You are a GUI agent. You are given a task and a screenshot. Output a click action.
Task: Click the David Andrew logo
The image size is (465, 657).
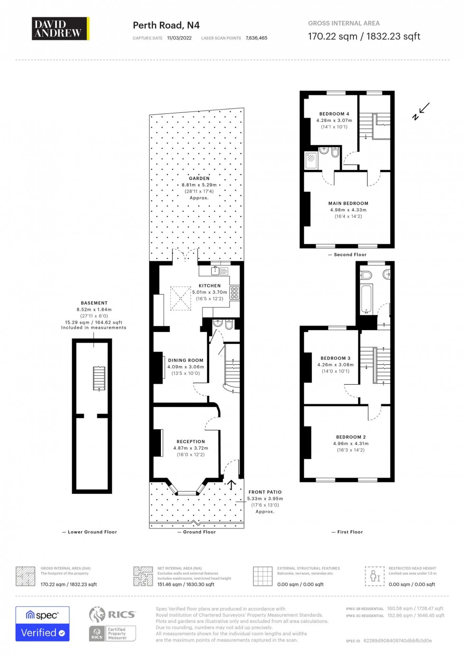point(60,29)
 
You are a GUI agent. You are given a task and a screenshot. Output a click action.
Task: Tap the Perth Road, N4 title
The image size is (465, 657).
point(166,26)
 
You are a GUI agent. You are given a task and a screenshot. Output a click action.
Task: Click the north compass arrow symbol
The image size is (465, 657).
point(421,111)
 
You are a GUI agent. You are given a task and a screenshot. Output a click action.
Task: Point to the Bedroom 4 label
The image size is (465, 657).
point(334,114)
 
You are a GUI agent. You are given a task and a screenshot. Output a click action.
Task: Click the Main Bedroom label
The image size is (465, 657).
point(348,204)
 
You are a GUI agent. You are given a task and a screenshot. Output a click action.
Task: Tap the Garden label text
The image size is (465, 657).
point(199,178)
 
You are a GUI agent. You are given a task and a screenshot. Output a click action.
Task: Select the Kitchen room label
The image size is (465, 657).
point(210,286)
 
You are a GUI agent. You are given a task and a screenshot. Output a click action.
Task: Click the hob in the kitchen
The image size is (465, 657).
point(234,293)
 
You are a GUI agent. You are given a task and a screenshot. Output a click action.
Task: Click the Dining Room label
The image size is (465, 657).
point(186,361)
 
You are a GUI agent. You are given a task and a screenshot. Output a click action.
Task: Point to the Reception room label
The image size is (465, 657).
point(191,442)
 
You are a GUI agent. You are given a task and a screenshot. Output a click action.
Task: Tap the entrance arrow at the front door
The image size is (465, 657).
point(232,484)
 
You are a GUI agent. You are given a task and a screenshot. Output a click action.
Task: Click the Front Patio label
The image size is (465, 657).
point(265,492)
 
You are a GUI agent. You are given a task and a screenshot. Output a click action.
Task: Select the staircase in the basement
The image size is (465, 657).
point(99,378)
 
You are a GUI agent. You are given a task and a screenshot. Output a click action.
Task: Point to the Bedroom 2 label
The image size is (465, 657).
point(351,437)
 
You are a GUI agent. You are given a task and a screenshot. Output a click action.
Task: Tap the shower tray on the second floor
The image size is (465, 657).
point(311,159)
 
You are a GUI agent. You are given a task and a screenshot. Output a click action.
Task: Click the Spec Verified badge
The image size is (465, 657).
point(43,624)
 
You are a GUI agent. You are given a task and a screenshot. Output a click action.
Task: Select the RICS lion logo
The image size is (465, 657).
point(97,614)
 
